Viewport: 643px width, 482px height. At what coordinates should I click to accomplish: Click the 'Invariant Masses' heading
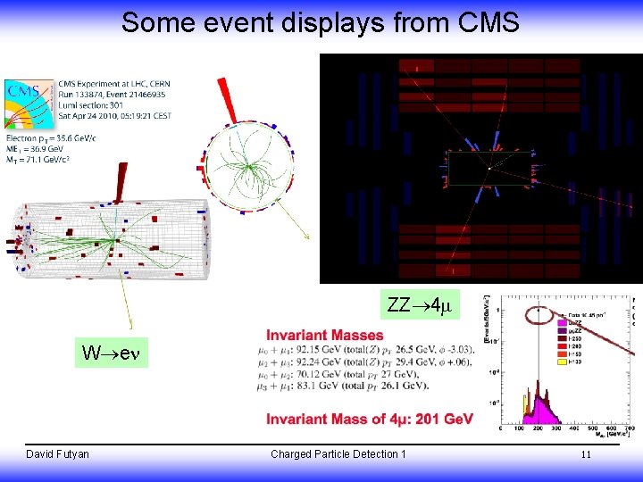click(324, 336)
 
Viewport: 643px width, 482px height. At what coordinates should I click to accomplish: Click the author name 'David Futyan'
click(57, 454)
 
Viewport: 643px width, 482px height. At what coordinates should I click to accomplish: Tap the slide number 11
click(586, 454)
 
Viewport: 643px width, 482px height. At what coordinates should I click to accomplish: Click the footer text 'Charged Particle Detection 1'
click(338, 454)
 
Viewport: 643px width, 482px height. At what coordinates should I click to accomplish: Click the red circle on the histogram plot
click(539, 313)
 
